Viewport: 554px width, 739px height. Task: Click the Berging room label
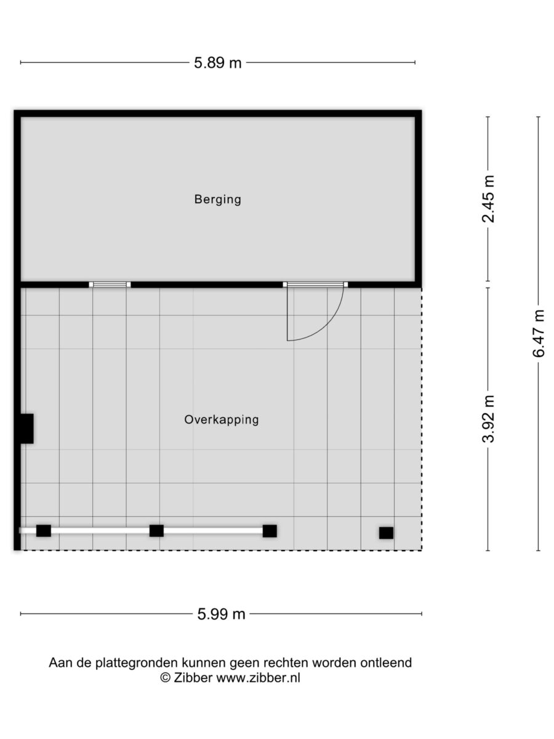click(x=218, y=200)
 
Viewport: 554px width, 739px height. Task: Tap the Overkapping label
click(x=222, y=420)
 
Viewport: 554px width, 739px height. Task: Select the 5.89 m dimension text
click(x=218, y=63)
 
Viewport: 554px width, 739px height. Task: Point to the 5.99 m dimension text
click(x=221, y=614)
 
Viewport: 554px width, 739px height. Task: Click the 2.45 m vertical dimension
click(x=488, y=199)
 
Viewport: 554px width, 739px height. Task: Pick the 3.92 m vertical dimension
click(x=488, y=419)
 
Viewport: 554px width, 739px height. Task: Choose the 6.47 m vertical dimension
click(x=538, y=333)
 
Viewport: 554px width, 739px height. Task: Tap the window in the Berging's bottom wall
click(x=110, y=285)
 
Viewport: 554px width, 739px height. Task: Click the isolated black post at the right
click(x=386, y=533)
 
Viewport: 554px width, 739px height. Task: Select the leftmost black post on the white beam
click(x=43, y=531)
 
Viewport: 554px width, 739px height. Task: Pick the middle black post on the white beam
click(x=156, y=531)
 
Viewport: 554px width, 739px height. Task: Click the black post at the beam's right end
click(x=270, y=531)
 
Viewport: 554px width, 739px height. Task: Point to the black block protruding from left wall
click(x=27, y=429)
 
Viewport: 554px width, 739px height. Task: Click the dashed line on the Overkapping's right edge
click(x=422, y=419)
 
